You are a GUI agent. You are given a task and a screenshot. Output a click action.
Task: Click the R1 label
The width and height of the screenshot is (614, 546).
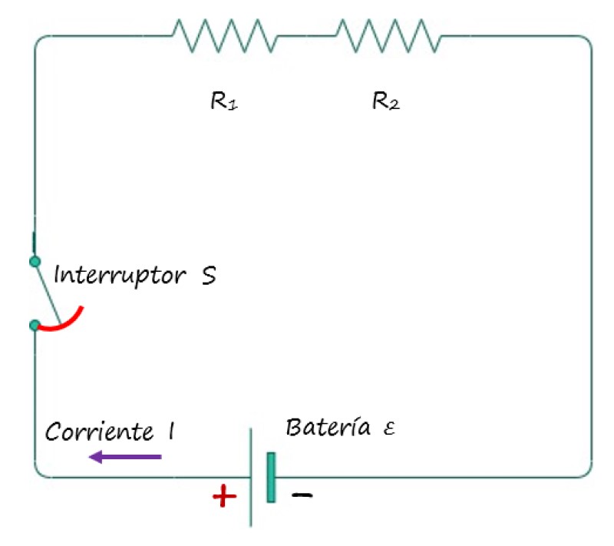point(223,101)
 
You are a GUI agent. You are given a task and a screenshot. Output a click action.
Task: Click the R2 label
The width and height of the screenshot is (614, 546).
point(385,101)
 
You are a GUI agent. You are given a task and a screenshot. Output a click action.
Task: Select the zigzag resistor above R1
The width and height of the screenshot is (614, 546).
point(223,35)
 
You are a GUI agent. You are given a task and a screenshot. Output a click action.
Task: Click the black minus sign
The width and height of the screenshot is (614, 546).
point(302,496)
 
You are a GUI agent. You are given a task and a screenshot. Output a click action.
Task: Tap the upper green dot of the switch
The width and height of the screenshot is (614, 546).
point(34,262)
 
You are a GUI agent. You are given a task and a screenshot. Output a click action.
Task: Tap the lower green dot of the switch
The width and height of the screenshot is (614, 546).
point(34,326)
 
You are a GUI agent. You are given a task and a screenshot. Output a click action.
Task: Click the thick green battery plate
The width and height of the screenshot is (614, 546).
point(271,478)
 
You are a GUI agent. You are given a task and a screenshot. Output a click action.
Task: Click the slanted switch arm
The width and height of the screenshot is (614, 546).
point(48,293)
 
